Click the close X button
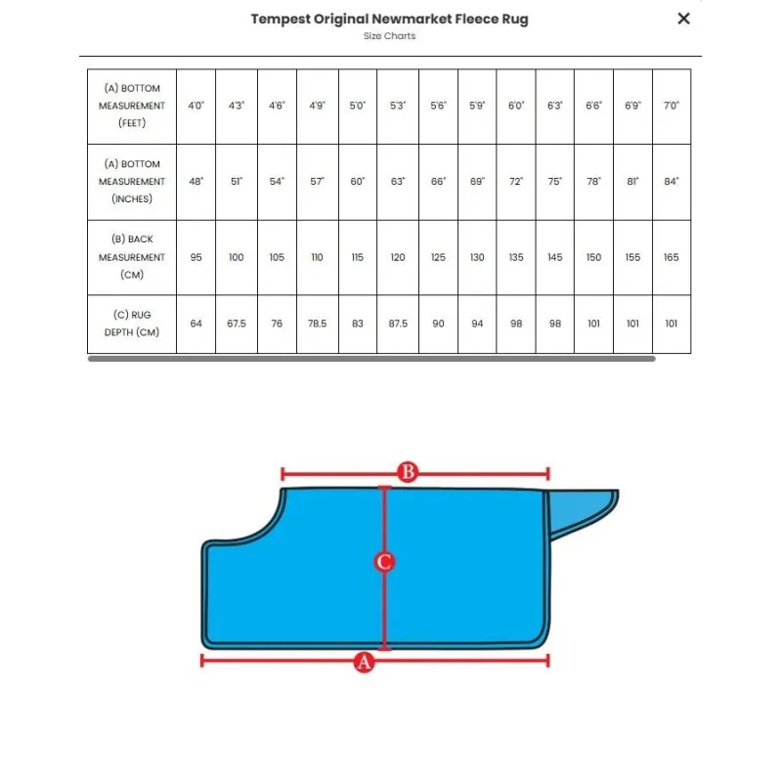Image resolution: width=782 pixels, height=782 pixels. [683, 18]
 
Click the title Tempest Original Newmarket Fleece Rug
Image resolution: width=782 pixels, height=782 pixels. [389, 19]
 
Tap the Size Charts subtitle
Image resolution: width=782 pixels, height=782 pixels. [389, 36]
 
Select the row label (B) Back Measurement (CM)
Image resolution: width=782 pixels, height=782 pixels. [131, 257]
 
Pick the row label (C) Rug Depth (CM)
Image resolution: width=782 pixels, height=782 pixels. [131, 324]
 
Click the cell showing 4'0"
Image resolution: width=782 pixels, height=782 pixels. [196, 106]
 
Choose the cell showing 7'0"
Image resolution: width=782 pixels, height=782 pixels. [671, 106]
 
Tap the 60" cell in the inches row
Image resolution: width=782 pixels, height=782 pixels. [357, 182]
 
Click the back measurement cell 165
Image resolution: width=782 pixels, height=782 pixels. [671, 257]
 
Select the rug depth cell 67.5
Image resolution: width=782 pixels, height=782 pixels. [237, 324]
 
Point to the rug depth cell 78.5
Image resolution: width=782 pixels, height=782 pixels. [317, 324]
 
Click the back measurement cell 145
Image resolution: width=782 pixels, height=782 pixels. [555, 257]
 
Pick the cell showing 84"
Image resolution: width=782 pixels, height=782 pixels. [671, 182]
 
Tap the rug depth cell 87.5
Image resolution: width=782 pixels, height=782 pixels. [398, 324]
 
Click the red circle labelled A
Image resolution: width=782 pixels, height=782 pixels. [364, 662]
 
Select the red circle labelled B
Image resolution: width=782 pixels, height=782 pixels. [409, 473]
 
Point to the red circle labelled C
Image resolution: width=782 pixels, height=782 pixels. [384, 562]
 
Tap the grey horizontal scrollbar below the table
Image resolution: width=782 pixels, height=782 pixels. [371, 359]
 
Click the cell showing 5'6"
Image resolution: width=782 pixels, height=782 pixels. [438, 106]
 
